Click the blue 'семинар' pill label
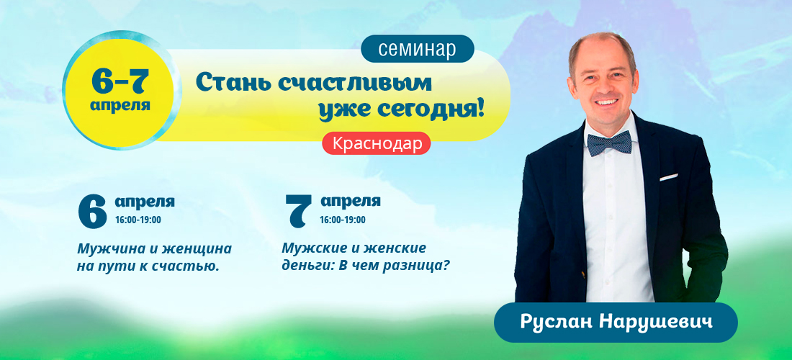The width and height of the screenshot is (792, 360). [418, 48]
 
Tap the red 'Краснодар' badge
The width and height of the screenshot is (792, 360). [377, 143]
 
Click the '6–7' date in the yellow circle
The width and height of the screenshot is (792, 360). [120, 81]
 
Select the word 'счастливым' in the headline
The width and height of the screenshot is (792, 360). [355, 82]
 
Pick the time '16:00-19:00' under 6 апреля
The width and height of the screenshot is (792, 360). [138, 220]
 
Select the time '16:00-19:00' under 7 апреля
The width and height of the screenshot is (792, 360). [343, 220]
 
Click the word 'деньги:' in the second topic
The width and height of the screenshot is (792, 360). [302, 266]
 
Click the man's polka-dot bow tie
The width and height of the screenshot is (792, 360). [608, 143]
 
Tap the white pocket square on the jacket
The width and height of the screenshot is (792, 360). [668, 176]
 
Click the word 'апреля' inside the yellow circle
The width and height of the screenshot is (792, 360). [120, 106]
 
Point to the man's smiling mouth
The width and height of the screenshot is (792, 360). [605, 102]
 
